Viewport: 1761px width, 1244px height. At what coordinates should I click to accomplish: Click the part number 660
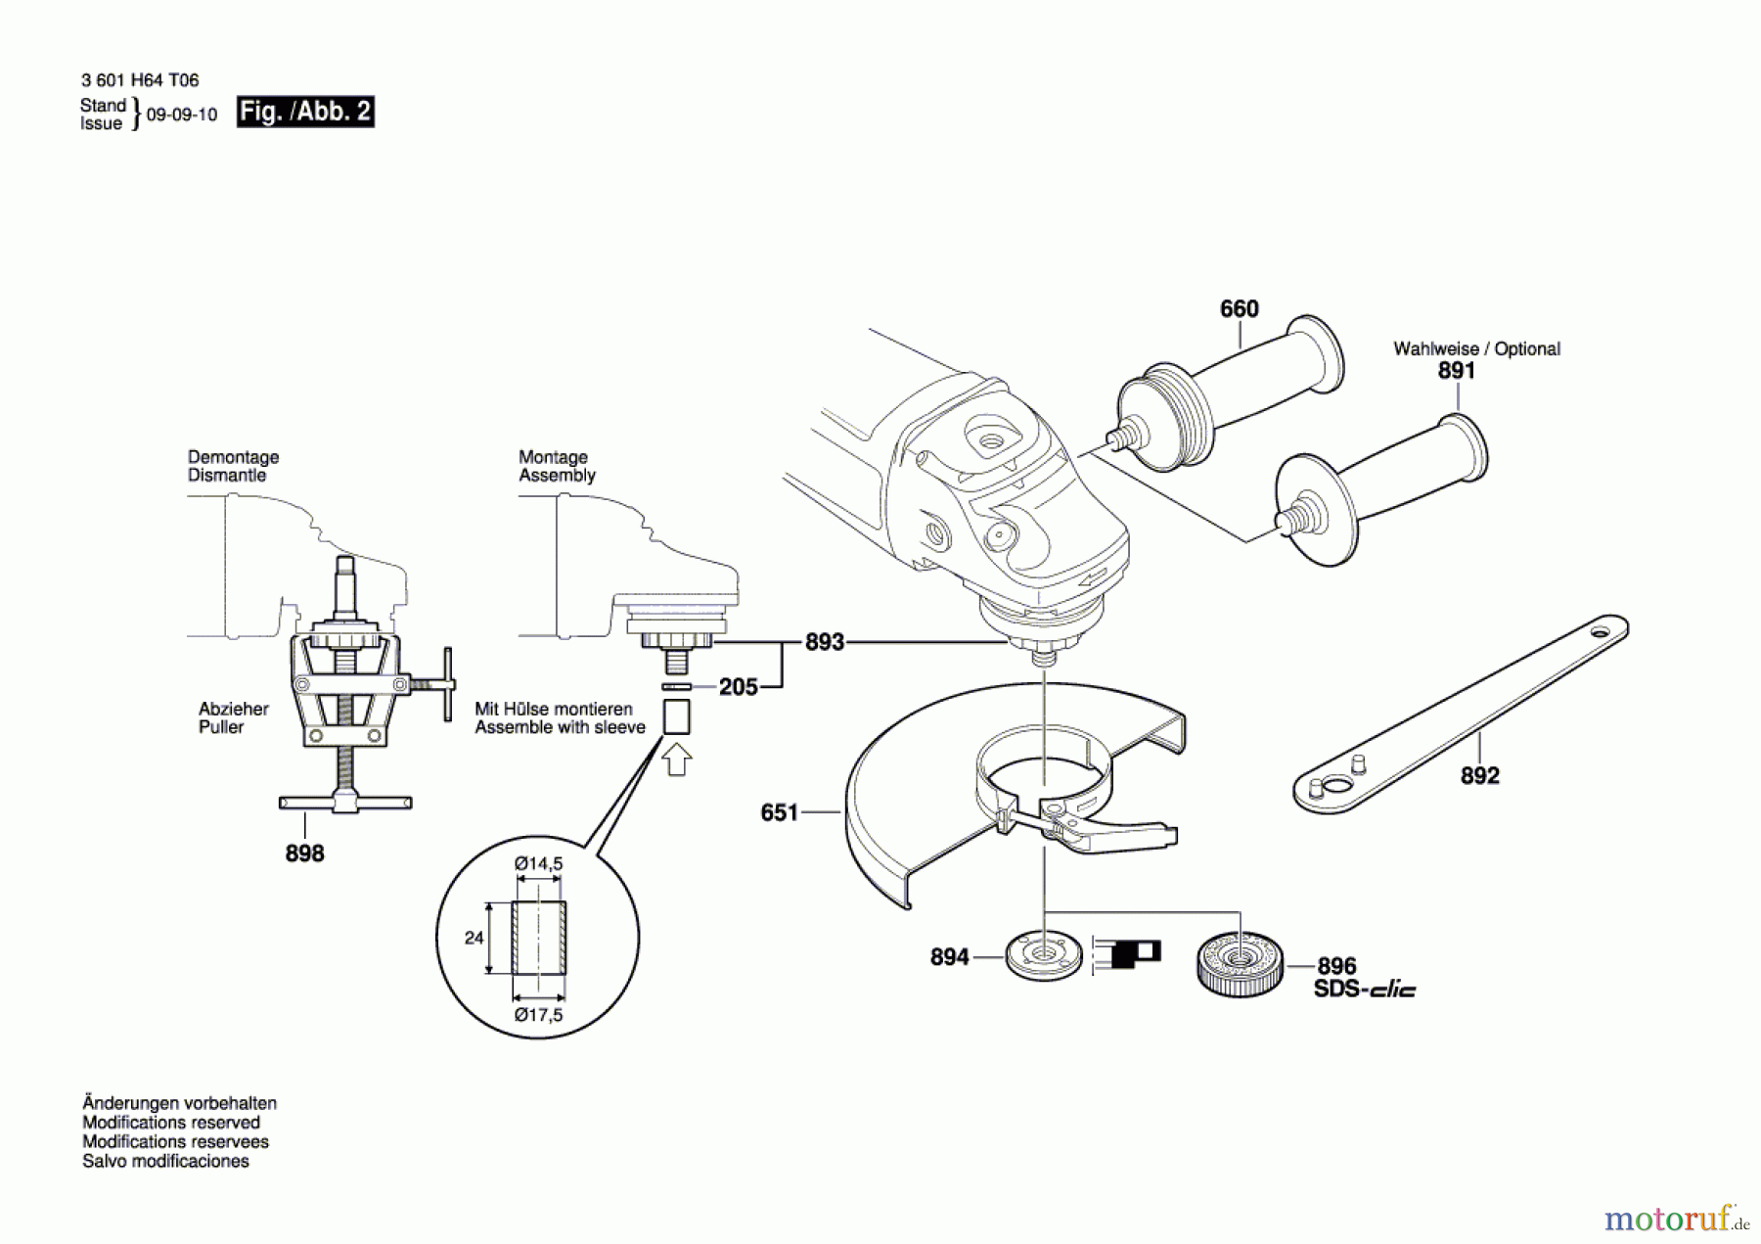[x=1239, y=309]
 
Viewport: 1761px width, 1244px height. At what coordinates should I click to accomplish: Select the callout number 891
[x=1456, y=371]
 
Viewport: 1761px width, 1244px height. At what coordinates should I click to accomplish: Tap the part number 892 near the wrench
[x=1479, y=776]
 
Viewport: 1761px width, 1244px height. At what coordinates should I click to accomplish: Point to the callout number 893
[x=824, y=642]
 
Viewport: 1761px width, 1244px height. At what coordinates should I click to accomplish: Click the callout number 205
[x=738, y=687]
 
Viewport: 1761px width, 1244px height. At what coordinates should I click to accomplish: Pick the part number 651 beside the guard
[x=779, y=812]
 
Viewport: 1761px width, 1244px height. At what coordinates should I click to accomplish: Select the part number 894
[x=949, y=957]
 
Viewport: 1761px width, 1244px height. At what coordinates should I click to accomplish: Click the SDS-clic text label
[x=1364, y=990]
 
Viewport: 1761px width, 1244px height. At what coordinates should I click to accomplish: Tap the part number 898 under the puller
[x=304, y=853]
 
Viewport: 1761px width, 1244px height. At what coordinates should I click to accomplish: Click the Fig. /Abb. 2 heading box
[x=305, y=112]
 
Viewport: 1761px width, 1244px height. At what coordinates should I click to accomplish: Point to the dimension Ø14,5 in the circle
[x=538, y=864]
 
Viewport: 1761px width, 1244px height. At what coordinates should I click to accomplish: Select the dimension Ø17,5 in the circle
[x=538, y=1015]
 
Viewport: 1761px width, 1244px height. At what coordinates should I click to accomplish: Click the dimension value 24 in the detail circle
[x=474, y=938]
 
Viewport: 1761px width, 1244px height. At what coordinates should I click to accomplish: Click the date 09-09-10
[x=181, y=115]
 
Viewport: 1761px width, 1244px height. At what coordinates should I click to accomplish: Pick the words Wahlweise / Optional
[x=1476, y=348]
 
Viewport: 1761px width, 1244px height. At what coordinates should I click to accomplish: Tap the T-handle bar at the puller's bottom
[x=345, y=803]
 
